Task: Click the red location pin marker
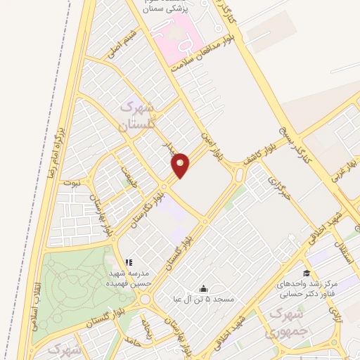[x=181, y=165]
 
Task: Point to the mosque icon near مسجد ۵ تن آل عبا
[x=204, y=288]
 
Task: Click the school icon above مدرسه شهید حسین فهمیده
[x=129, y=262]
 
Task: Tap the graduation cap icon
[x=306, y=274]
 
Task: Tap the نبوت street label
[x=72, y=181]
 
